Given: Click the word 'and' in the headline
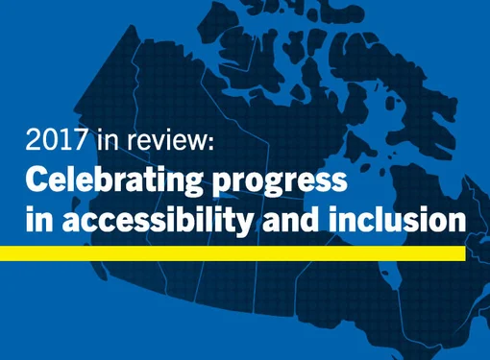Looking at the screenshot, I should click(289, 219).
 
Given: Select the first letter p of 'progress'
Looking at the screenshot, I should click(216, 184).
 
